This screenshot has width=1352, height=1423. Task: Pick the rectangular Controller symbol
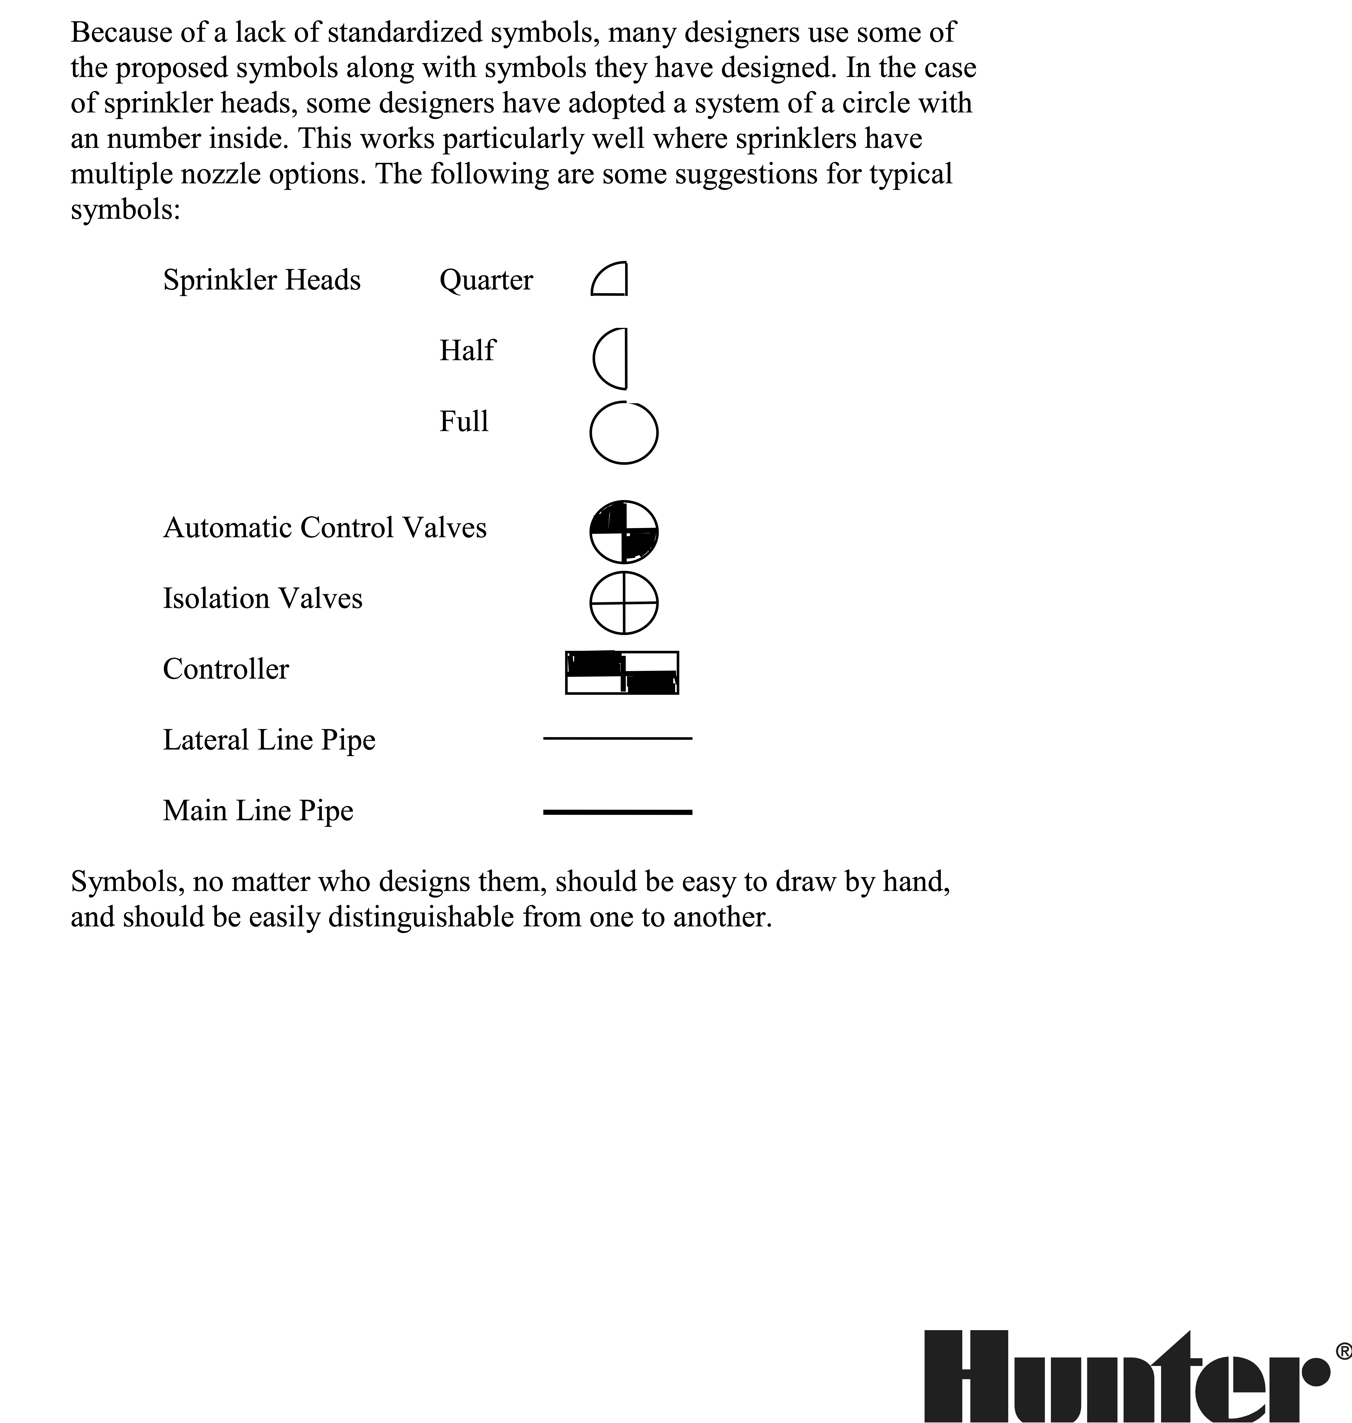[x=622, y=673]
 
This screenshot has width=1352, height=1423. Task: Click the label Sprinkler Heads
[x=262, y=280]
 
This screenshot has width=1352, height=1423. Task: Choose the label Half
[x=467, y=350]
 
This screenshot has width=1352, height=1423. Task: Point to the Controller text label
[x=225, y=669]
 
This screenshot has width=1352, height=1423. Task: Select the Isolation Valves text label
[x=262, y=598]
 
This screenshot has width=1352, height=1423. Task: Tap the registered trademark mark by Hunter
[x=1343, y=1350]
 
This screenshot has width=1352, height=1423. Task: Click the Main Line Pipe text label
[x=258, y=810]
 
